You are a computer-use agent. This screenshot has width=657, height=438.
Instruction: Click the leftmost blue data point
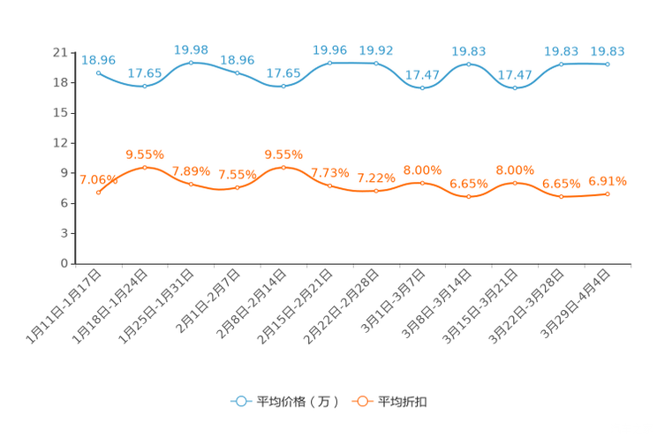(98, 72)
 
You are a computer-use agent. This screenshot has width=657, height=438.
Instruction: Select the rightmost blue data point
(608, 64)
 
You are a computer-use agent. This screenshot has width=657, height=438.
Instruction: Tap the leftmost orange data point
(98, 192)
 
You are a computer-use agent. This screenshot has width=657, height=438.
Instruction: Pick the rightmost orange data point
(608, 193)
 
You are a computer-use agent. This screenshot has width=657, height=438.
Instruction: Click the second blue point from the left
(144, 86)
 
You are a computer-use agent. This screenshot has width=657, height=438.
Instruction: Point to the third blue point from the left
(191, 63)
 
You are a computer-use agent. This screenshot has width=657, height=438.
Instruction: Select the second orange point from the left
(144, 167)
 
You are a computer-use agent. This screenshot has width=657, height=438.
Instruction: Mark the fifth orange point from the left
(283, 167)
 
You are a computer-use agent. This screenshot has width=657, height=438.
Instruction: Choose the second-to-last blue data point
(562, 64)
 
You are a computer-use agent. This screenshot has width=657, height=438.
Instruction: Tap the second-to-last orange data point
(562, 196)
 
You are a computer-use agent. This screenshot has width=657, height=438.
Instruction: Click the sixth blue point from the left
(329, 63)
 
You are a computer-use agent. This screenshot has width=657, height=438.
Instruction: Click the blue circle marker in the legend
(240, 401)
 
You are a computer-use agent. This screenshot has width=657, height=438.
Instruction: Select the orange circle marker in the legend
(362, 401)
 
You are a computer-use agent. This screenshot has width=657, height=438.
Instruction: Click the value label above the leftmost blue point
(98, 60)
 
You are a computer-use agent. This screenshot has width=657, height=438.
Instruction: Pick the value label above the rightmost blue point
(608, 51)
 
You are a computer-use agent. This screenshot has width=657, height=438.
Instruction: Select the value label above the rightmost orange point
(608, 181)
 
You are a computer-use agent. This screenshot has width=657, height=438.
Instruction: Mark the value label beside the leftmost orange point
(96, 178)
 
